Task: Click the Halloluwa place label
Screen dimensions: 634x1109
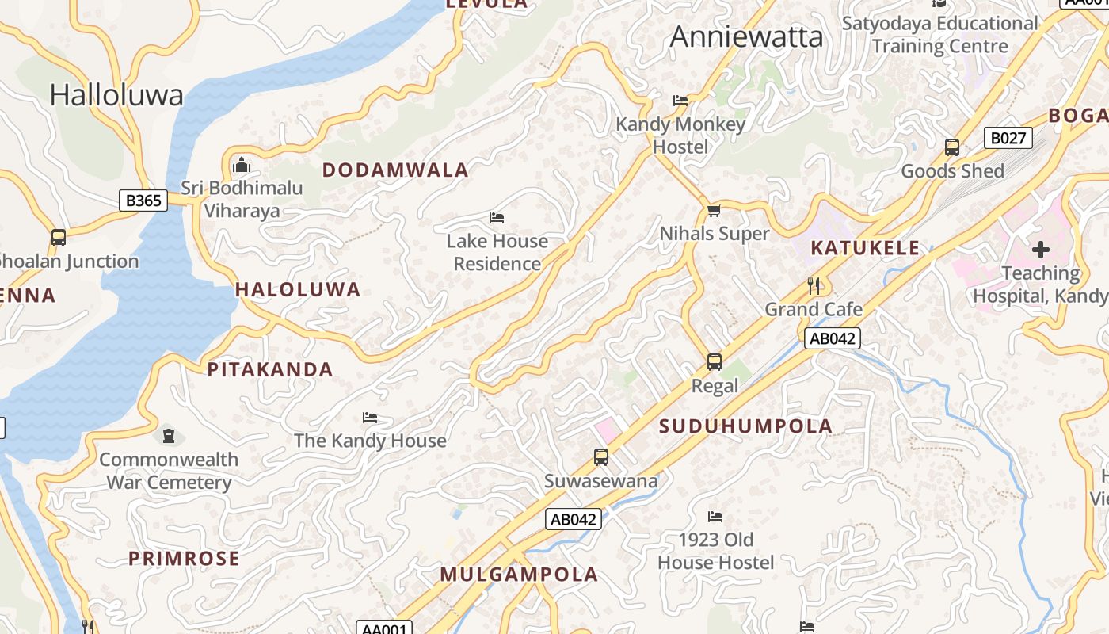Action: (x=116, y=95)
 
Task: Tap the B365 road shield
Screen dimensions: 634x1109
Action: (x=144, y=201)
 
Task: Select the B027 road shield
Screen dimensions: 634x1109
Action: (x=1008, y=139)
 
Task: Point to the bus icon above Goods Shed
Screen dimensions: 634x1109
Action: (x=952, y=147)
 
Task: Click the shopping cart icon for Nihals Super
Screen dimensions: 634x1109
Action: (x=714, y=210)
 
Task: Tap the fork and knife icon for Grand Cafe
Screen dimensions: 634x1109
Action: (x=814, y=285)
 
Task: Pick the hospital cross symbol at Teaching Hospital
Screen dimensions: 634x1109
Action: (x=1040, y=250)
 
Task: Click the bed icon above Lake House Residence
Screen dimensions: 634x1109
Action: (x=497, y=218)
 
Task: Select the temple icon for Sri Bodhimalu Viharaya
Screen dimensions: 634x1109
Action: (x=242, y=166)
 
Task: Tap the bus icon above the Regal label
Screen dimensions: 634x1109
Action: (x=715, y=362)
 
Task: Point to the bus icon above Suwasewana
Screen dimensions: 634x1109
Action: (x=601, y=457)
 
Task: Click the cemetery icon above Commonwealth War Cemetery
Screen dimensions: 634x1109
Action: (x=168, y=435)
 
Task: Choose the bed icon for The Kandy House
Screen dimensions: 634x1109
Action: (x=370, y=418)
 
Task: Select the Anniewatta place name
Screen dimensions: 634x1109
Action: (x=746, y=36)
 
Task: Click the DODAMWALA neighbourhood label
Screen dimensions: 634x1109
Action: (x=395, y=170)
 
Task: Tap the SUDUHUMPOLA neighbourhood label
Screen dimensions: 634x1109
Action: (x=745, y=426)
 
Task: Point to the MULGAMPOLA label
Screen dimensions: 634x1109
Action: (x=519, y=575)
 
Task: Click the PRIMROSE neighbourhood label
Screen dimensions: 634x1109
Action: (x=184, y=559)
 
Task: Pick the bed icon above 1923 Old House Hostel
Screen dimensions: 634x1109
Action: (x=715, y=517)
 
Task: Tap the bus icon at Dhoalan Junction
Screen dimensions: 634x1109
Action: (x=59, y=237)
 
